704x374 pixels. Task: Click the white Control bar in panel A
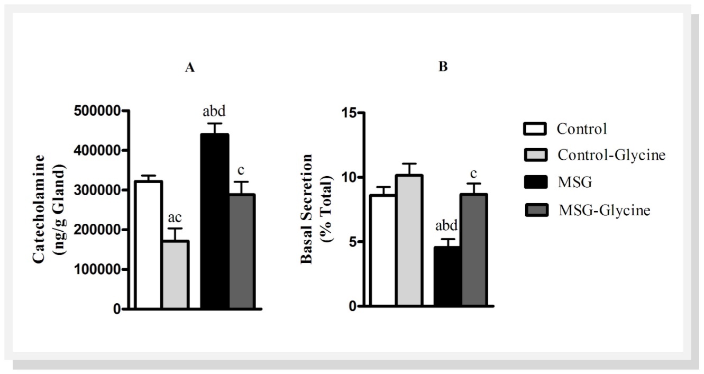pos(149,245)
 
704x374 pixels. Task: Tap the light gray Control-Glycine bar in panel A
pos(175,275)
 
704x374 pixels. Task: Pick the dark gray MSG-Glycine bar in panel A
pos(242,251)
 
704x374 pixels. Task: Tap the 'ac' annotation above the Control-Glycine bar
pos(175,218)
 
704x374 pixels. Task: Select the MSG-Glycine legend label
pos(604,210)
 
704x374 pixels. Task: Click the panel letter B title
pos(443,67)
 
